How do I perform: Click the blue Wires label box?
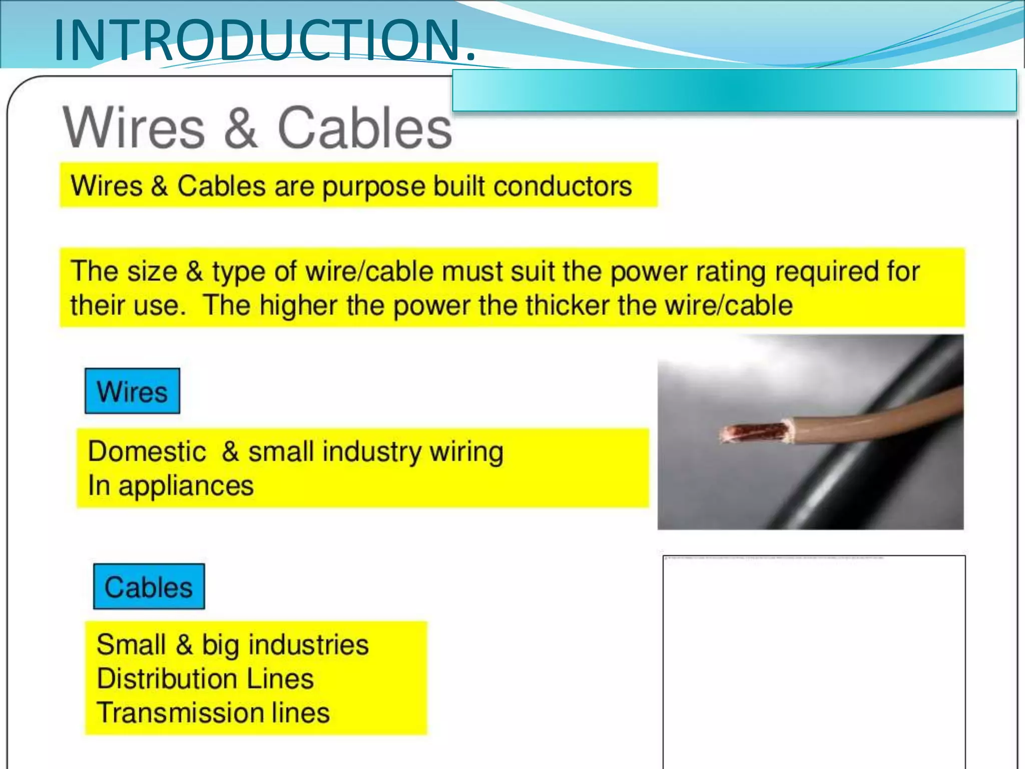132,392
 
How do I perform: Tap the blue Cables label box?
149,587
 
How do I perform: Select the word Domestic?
147,452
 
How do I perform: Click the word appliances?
186,486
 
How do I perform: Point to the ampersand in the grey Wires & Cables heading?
240,128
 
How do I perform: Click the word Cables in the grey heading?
364,128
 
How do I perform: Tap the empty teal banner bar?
734,91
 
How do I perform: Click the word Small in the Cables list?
131,645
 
